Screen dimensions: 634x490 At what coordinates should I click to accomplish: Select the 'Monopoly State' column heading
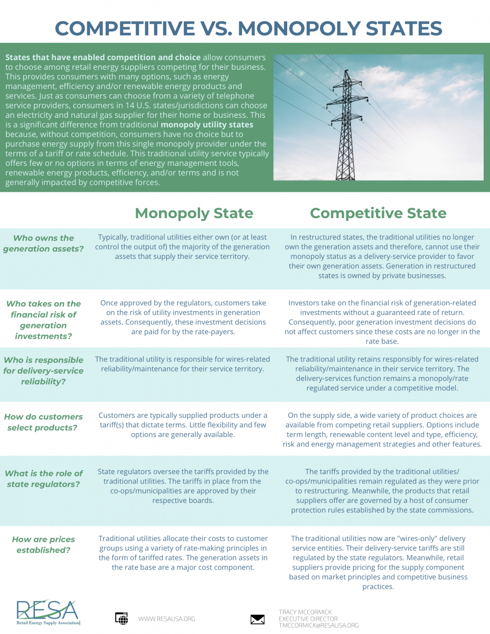click(194, 213)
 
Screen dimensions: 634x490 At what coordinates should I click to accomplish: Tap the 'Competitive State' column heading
click(378, 213)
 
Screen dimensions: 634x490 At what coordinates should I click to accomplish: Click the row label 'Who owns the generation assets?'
click(43, 243)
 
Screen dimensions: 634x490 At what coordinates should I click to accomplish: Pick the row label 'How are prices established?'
click(43, 545)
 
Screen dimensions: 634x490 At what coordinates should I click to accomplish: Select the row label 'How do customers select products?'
click(43, 422)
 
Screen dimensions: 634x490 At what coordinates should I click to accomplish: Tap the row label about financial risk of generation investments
click(43, 320)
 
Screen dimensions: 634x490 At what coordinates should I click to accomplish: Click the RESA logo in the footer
click(48, 612)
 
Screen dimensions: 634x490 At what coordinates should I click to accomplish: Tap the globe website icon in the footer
click(121, 619)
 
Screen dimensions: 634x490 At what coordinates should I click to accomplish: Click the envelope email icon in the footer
click(257, 619)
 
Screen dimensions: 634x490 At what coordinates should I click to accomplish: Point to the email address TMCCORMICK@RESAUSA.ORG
click(318, 626)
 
